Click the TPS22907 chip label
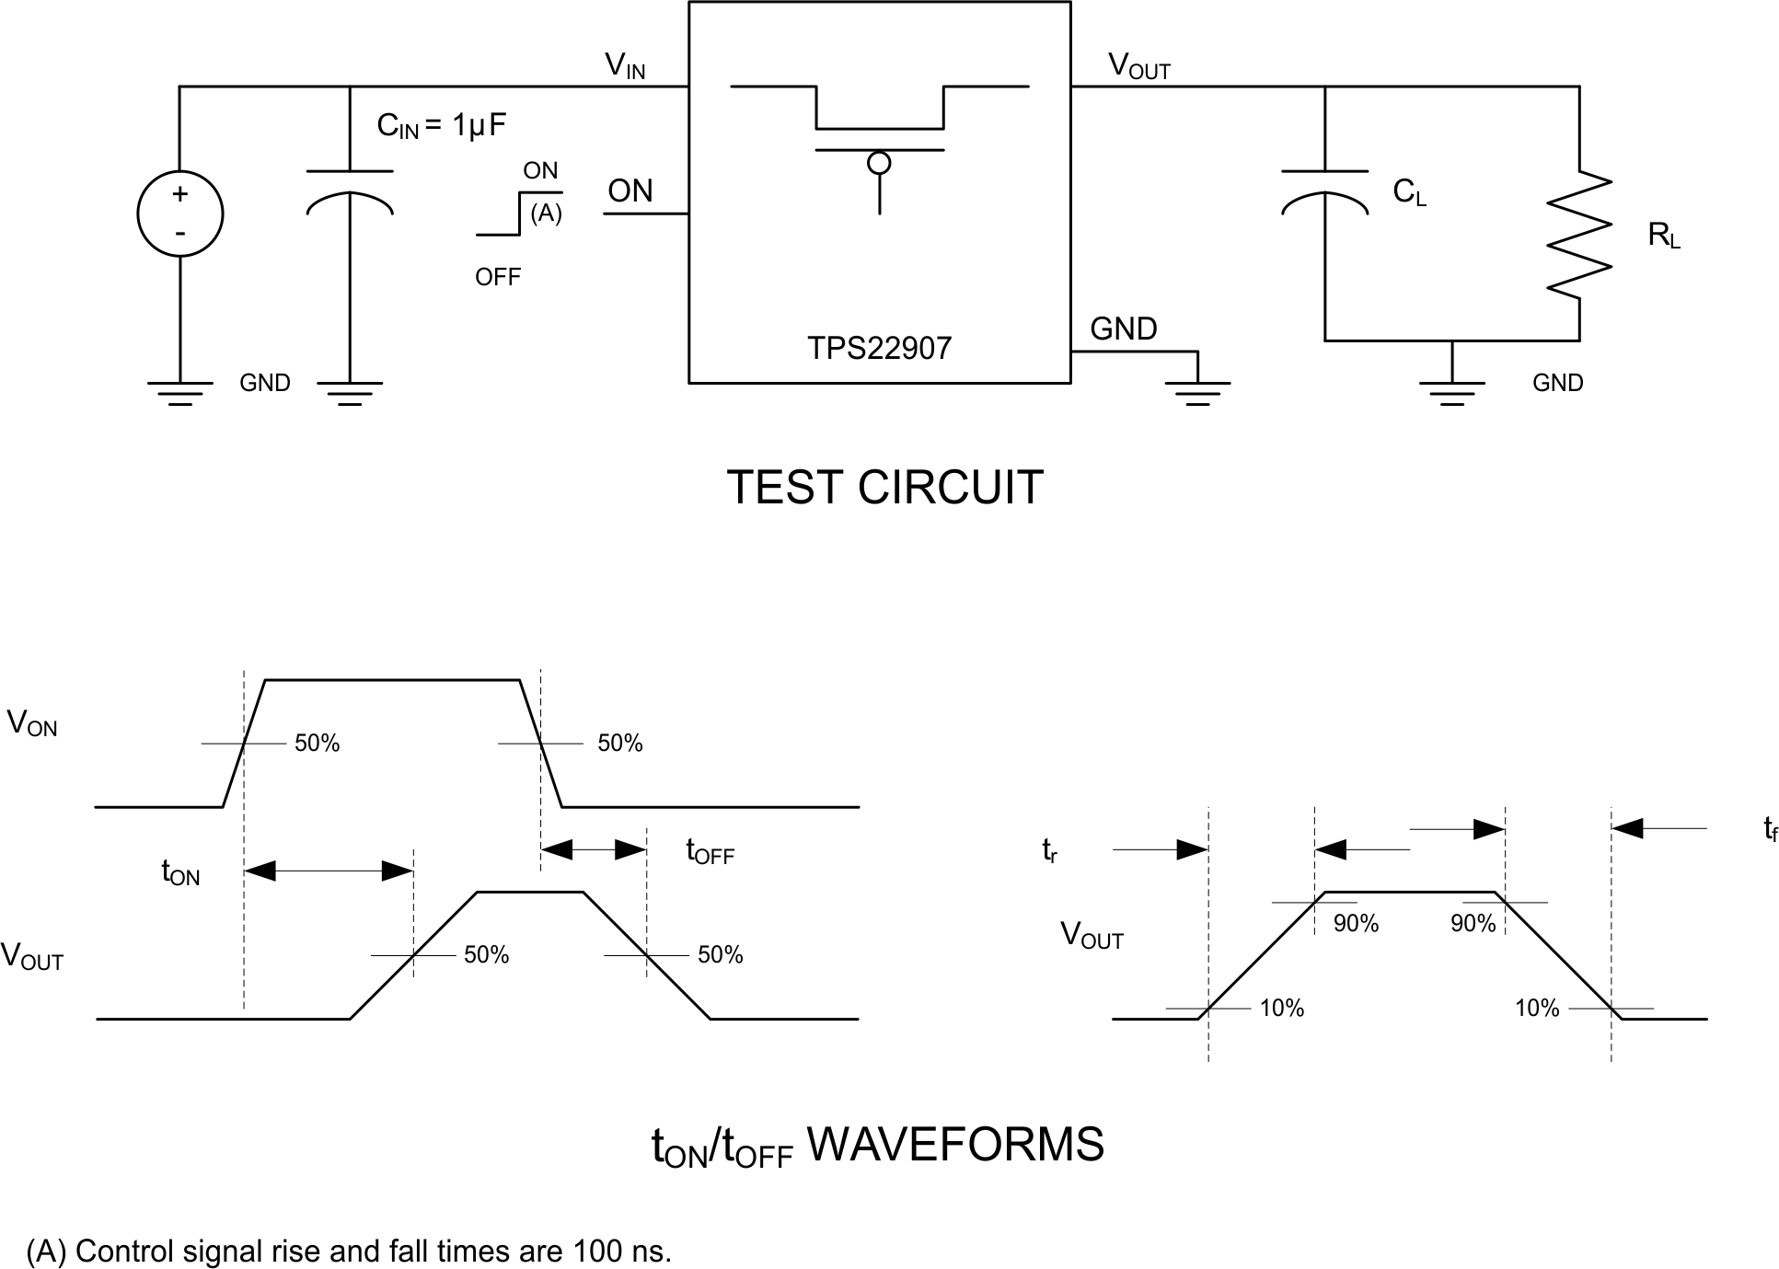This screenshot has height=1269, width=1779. [x=879, y=348]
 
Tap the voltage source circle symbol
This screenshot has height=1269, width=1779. [x=179, y=213]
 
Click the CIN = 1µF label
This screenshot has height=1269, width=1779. [x=441, y=125]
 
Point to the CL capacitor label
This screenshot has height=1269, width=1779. [x=1408, y=192]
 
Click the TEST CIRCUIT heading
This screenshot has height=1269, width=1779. [x=884, y=487]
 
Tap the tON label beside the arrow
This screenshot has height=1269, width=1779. [x=180, y=872]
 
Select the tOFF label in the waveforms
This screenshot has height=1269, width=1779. [x=710, y=851]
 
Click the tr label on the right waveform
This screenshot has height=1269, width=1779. [x=1049, y=851]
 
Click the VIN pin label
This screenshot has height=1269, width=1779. [x=625, y=65]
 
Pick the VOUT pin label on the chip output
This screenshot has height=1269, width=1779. [x=1138, y=65]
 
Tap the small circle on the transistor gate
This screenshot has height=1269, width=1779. [x=879, y=164]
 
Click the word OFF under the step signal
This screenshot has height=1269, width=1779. [x=498, y=277]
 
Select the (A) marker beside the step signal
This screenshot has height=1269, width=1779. [x=546, y=213]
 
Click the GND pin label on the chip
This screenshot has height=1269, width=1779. [x=1123, y=329]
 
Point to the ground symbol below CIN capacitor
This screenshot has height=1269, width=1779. [x=350, y=393]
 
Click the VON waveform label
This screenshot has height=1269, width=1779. [x=32, y=723]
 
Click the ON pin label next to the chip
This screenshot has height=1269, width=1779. [x=630, y=191]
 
